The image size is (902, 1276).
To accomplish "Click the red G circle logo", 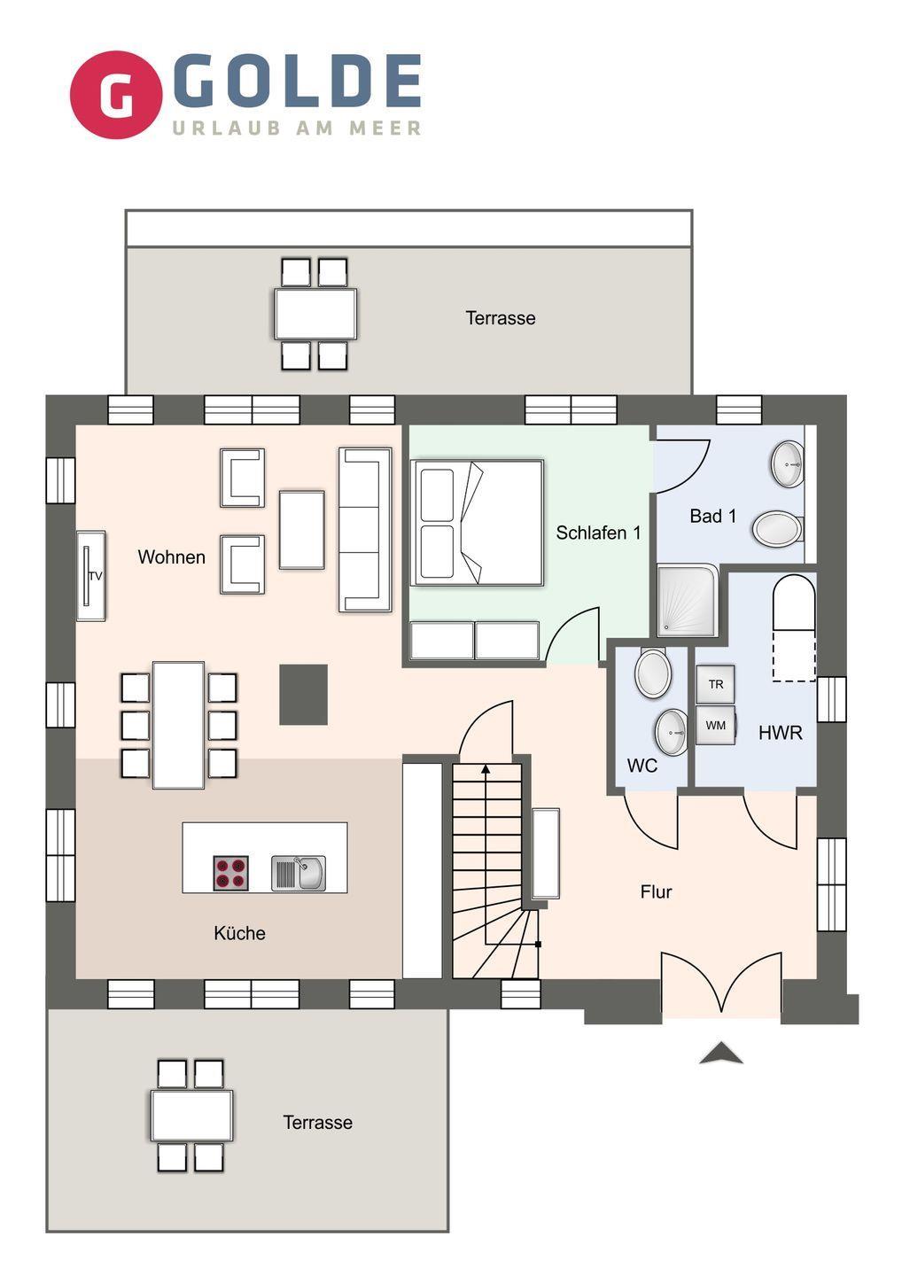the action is click(x=116, y=95).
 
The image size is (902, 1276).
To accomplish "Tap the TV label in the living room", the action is click(x=95, y=576).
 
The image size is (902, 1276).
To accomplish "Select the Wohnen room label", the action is click(x=171, y=556).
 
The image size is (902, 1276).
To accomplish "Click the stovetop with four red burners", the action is click(x=230, y=873).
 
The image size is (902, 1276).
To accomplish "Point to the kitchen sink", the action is click(x=299, y=873).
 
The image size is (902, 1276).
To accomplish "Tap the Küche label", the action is click(x=240, y=933).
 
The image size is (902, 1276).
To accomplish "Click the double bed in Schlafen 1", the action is click(x=477, y=523).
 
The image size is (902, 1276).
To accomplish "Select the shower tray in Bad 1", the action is click(x=688, y=601).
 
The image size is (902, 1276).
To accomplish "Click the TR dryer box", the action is click(x=716, y=684).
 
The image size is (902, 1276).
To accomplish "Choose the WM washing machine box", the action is click(x=716, y=725).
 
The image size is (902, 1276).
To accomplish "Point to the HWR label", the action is click(x=780, y=733).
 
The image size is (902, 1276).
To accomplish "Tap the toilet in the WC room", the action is click(x=653, y=673).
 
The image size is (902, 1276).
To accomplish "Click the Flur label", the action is click(x=656, y=891).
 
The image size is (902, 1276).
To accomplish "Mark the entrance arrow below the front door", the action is click(x=721, y=1053).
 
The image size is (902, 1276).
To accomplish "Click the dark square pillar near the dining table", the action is click(x=303, y=695).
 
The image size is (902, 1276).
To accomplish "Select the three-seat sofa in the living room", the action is click(x=365, y=530).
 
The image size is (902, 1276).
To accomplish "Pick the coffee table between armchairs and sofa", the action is click(x=302, y=530).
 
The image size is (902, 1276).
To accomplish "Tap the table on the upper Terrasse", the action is click(x=315, y=314).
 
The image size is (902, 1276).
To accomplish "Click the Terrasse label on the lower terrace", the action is click(x=318, y=1122).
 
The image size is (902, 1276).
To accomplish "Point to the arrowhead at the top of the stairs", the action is click(x=486, y=770).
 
